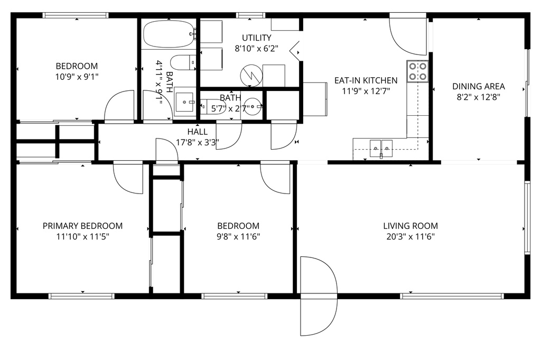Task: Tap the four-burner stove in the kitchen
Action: [x=417, y=71]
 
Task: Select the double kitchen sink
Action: [x=381, y=146]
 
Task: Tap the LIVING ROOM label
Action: [x=411, y=226]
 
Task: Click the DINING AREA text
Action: [x=479, y=86]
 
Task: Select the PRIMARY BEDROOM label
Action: [x=82, y=226]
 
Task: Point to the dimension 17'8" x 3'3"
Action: [x=198, y=142]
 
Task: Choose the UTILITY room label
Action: [x=257, y=38]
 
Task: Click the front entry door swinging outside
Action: [x=318, y=296]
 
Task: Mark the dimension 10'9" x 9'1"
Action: [x=77, y=77]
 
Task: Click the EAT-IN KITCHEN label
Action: [x=366, y=80]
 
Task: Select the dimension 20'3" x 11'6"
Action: [x=411, y=236]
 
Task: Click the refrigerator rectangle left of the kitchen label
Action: [x=315, y=99]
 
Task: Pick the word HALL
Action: [x=197, y=132]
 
